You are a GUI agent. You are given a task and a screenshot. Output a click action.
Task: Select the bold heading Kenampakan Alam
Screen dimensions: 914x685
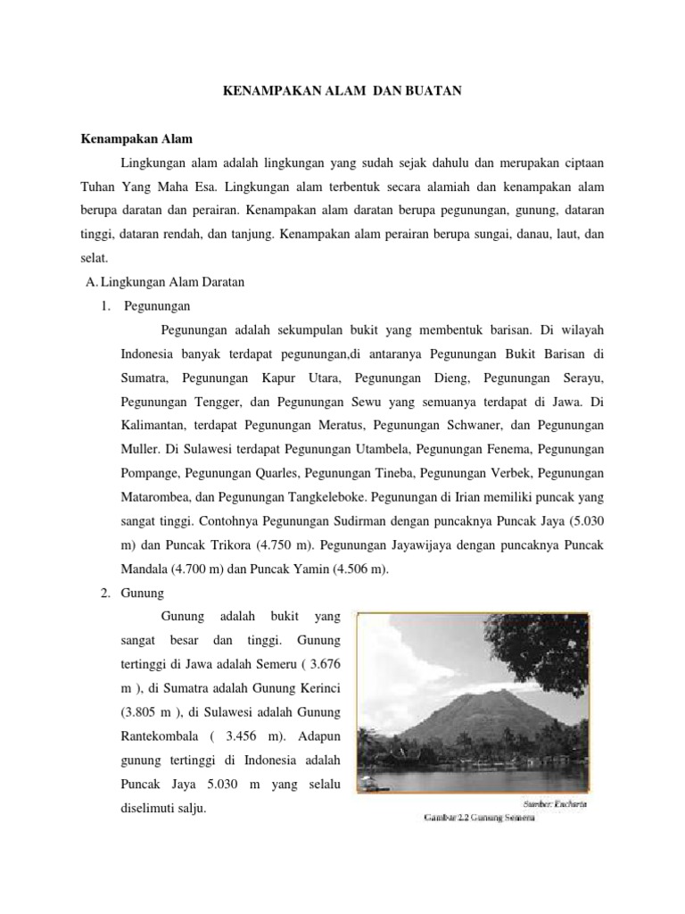(x=136, y=140)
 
